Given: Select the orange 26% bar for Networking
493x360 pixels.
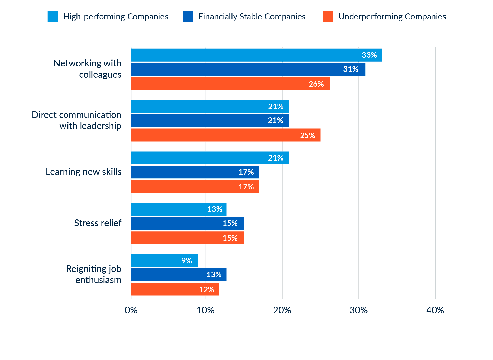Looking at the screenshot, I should click(230, 84).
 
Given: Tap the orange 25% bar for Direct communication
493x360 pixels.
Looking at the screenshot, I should click(225, 135).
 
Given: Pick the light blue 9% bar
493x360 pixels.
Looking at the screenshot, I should click(164, 261).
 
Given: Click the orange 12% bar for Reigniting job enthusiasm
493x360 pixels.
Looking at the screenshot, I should click(175, 289).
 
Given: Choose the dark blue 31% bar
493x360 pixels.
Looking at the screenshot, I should click(248, 69).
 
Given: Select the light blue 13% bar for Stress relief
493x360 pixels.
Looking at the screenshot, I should click(178, 209).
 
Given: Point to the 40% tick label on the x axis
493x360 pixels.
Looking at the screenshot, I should click(435, 310).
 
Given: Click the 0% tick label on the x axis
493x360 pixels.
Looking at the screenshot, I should click(131, 310).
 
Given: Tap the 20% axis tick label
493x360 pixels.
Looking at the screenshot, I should click(282, 310).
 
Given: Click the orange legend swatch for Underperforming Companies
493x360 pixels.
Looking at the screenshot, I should click(328, 16).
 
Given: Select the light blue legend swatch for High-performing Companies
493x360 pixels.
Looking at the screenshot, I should click(53, 16).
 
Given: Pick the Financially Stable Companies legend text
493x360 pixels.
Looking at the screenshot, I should click(252, 17).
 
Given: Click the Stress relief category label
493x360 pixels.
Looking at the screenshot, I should click(98, 223).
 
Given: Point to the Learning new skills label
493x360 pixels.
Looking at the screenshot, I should click(84, 172).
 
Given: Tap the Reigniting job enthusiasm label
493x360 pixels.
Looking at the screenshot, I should click(94, 274).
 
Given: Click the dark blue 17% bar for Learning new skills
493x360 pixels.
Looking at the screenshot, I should click(195, 172).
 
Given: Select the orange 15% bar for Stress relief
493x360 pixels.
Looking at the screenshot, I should click(187, 238).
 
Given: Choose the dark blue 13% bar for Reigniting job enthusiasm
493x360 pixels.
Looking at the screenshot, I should click(178, 275).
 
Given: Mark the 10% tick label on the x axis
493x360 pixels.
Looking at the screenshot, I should click(205, 310).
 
